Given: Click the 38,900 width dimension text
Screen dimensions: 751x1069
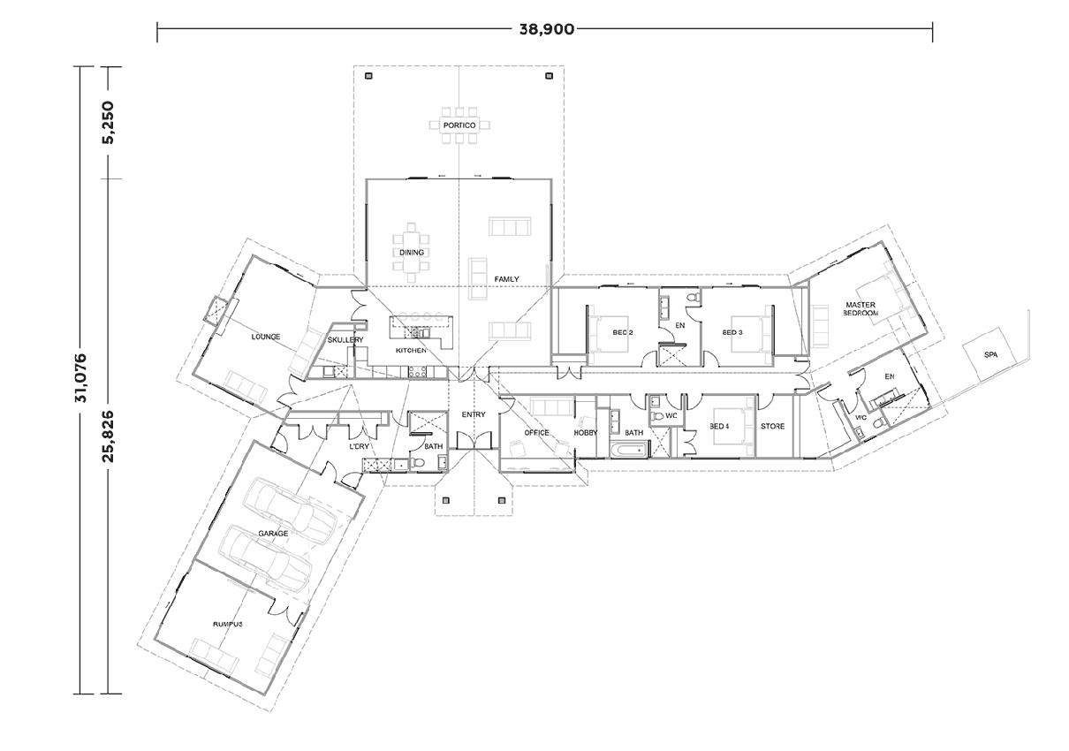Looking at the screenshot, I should (545, 29).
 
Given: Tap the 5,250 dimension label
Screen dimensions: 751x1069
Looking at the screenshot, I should (109, 123).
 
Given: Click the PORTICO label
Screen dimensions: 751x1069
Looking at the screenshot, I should (459, 126).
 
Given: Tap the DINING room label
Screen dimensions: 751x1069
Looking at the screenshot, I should (412, 253).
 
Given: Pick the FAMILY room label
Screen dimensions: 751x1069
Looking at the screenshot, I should (506, 279).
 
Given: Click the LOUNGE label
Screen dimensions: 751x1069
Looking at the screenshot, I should (265, 337).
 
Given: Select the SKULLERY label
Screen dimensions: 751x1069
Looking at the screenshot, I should (345, 340).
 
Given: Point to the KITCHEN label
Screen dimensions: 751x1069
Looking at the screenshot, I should (411, 351).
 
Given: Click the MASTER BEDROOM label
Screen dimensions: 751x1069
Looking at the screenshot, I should (860, 309).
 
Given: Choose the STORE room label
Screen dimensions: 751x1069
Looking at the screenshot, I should (773, 427).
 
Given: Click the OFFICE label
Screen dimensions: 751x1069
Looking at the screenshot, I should (537, 433).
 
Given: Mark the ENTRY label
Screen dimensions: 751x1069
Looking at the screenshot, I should (474, 414).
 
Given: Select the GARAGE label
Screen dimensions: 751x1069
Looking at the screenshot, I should (273, 534).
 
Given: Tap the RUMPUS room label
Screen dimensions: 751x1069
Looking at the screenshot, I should (227, 624).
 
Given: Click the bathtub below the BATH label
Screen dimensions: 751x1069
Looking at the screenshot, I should (629, 451).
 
